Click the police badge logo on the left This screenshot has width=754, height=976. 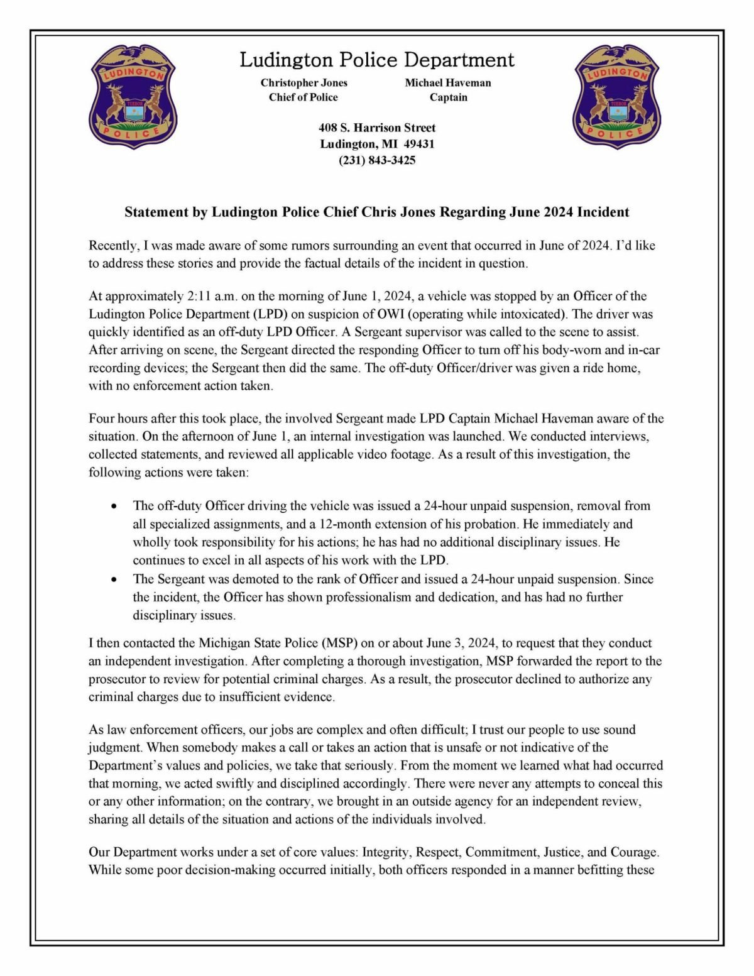pos(133,96)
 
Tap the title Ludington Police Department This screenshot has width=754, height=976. pos(377,60)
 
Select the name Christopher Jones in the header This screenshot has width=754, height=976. pos(304,82)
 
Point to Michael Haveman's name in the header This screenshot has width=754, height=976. pos(448,82)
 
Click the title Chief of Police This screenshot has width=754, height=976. pos(303,97)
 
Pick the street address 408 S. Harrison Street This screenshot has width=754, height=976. pos(377,128)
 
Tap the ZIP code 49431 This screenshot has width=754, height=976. pos(419,144)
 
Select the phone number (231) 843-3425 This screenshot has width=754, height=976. pos(377,160)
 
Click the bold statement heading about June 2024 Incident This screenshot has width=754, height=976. pos(377,212)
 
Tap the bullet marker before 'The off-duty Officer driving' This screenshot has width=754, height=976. pos(114,506)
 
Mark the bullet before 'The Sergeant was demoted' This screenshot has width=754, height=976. pos(114,579)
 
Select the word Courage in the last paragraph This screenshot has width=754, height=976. pos(634,853)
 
